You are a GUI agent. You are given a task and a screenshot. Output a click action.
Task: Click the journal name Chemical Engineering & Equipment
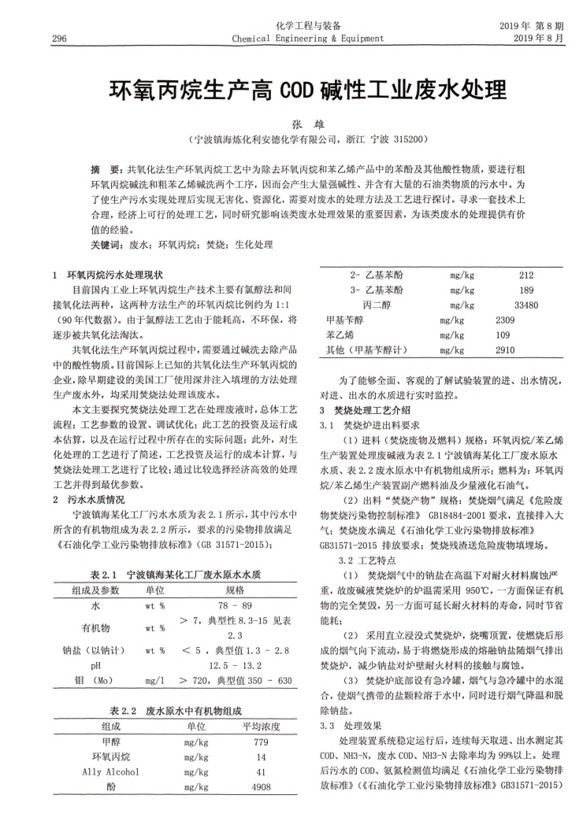(308, 38)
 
